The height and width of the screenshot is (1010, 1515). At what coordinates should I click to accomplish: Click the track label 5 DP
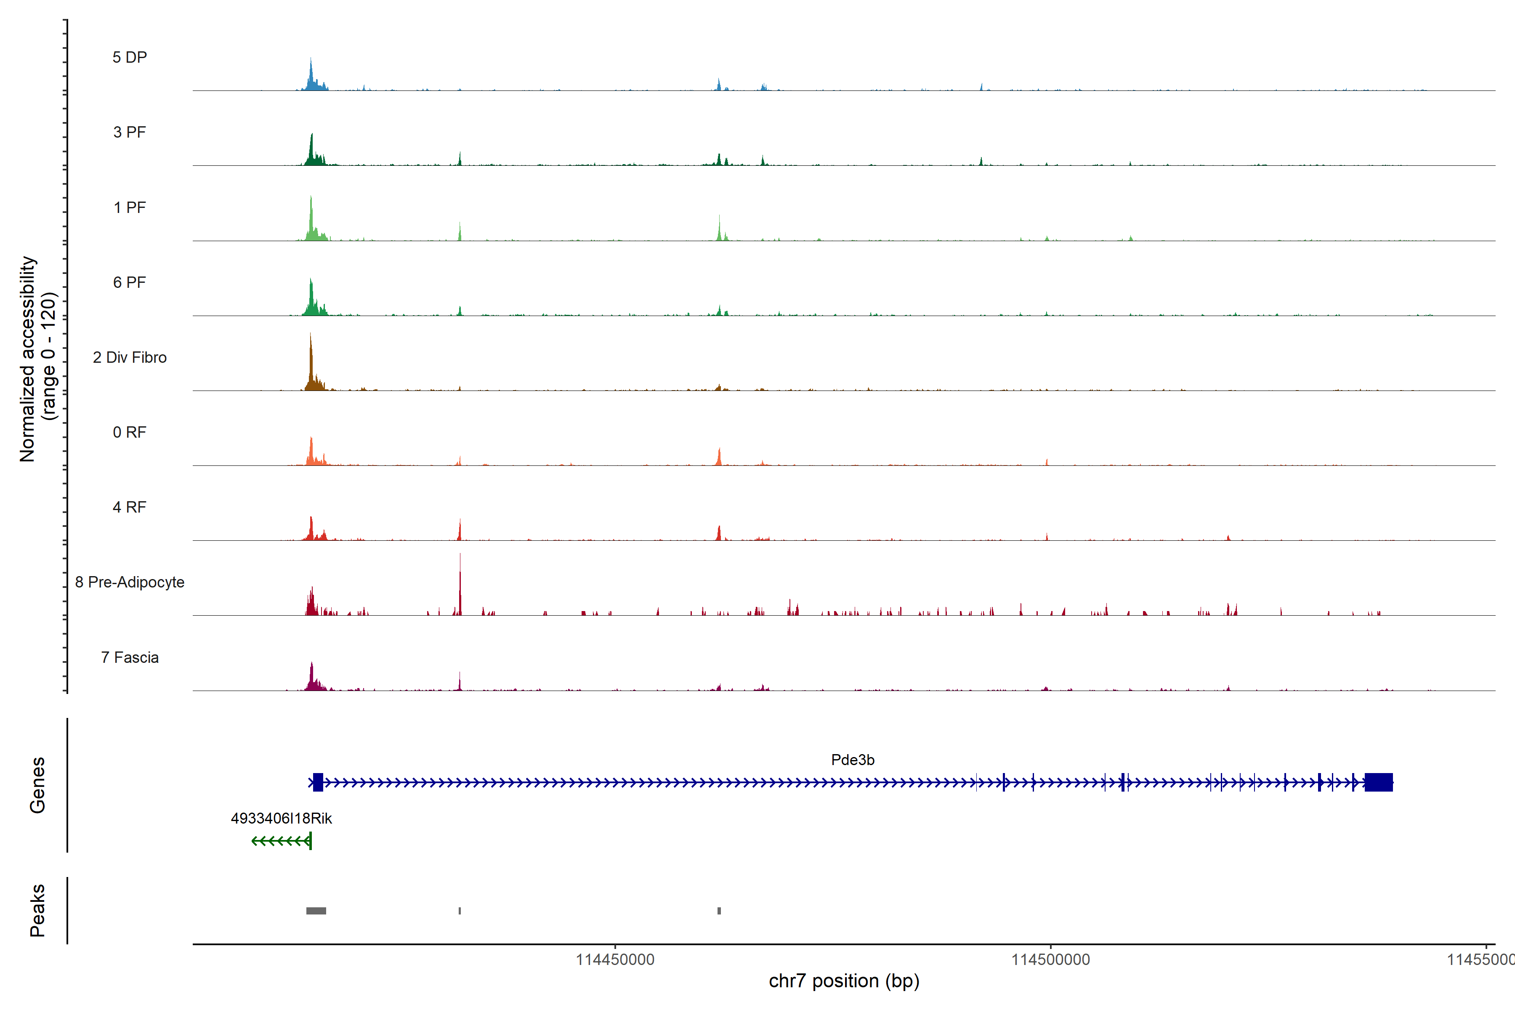tap(130, 57)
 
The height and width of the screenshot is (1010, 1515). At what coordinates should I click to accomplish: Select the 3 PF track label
tap(130, 132)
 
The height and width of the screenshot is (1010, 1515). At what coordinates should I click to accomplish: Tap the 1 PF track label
tap(130, 207)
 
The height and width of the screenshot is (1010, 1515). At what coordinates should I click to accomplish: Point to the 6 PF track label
tap(130, 282)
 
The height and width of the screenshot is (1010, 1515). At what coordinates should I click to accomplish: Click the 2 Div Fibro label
tap(130, 357)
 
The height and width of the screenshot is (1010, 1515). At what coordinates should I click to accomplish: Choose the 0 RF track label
tap(130, 432)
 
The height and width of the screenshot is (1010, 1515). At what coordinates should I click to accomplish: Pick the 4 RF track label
tap(130, 507)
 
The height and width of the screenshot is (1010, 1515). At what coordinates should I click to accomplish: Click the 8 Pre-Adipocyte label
tap(130, 582)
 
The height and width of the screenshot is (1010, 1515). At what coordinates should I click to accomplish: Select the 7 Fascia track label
tap(130, 657)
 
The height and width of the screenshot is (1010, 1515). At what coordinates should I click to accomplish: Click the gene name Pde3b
tap(852, 760)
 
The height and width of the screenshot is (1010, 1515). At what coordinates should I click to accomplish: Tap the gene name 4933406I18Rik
tap(282, 818)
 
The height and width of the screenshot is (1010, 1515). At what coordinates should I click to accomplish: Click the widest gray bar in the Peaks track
tap(316, 911)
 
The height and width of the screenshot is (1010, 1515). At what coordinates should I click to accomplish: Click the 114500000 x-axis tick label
tap(1050, 960)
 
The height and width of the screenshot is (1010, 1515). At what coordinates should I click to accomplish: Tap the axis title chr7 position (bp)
tap(844, 981)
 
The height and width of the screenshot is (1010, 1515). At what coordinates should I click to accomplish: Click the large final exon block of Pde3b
tap(1379, 782)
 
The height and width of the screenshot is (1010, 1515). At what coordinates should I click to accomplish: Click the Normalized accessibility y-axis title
tap(37, 359)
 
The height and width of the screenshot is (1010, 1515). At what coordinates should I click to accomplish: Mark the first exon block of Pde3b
tap(318, 782)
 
